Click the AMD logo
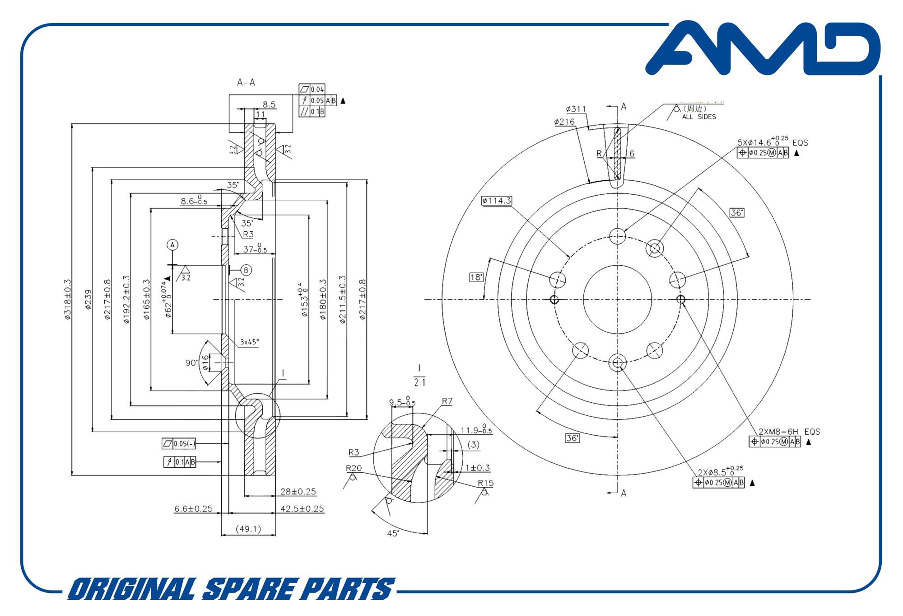click(763, 49)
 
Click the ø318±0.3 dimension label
click(68, 300)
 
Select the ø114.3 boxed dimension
click(496, 201)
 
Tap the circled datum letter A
click(172, 245)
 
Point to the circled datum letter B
click(246, 270)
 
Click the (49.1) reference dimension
click(248, 529)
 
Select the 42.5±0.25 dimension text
click(302, 509)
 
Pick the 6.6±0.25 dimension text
click(193, 509)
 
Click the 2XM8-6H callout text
click(778, 432)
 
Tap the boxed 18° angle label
click(476, 277)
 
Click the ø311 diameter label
click(576, 109)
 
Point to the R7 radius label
click(447, 401)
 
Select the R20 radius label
click(354, 468)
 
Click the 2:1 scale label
click(419, 383)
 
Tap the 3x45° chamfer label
click(250, 342)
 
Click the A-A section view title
click(246, 82)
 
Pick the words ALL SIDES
click(699, 117)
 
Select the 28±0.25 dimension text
click(298, 492)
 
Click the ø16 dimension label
click(206, 362)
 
